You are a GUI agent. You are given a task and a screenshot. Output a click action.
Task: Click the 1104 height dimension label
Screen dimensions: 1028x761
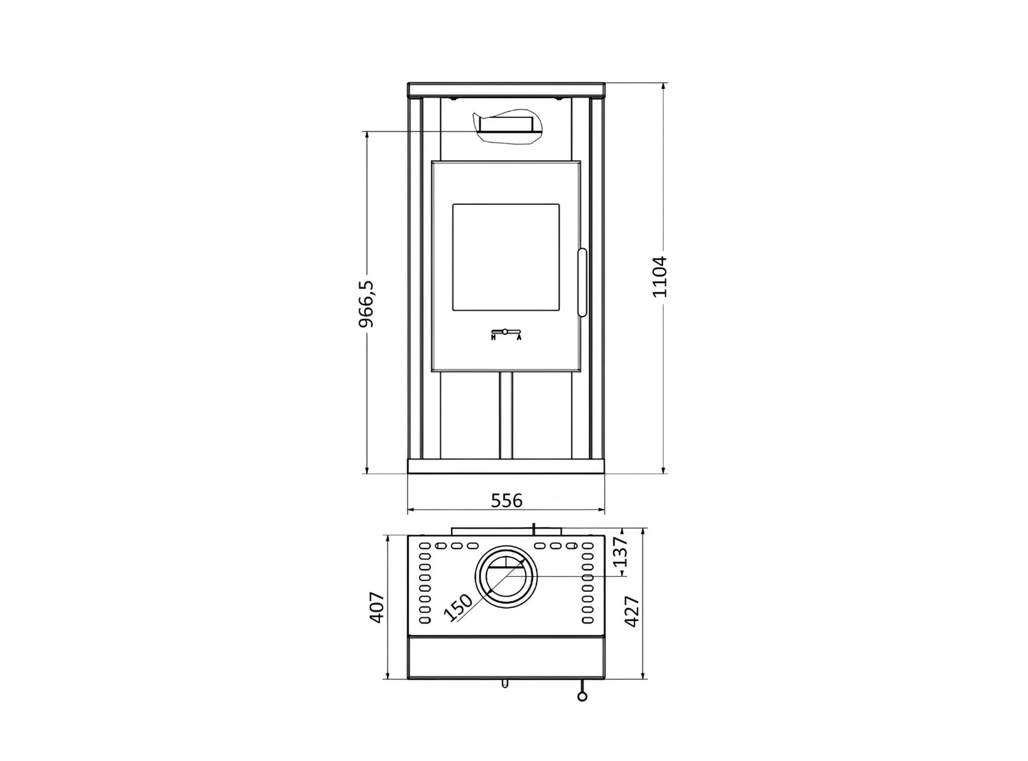659,276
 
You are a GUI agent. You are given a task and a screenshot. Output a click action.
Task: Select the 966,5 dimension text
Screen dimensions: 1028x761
366,304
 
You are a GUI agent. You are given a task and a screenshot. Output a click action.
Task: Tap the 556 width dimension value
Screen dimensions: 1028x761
507,501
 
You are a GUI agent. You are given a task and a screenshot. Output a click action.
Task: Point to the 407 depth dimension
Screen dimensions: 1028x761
377,607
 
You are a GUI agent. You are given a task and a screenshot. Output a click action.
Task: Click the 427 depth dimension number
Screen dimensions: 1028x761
632,612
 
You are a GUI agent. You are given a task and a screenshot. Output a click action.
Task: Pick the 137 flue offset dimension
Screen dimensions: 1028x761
620,551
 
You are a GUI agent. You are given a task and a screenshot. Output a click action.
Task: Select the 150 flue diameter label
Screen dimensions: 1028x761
458,607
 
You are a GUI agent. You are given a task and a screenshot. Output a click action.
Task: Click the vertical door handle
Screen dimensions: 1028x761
582,282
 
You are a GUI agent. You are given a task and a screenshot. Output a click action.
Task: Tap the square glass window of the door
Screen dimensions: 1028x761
506,257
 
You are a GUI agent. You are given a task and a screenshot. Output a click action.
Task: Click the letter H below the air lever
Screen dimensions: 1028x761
494,337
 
